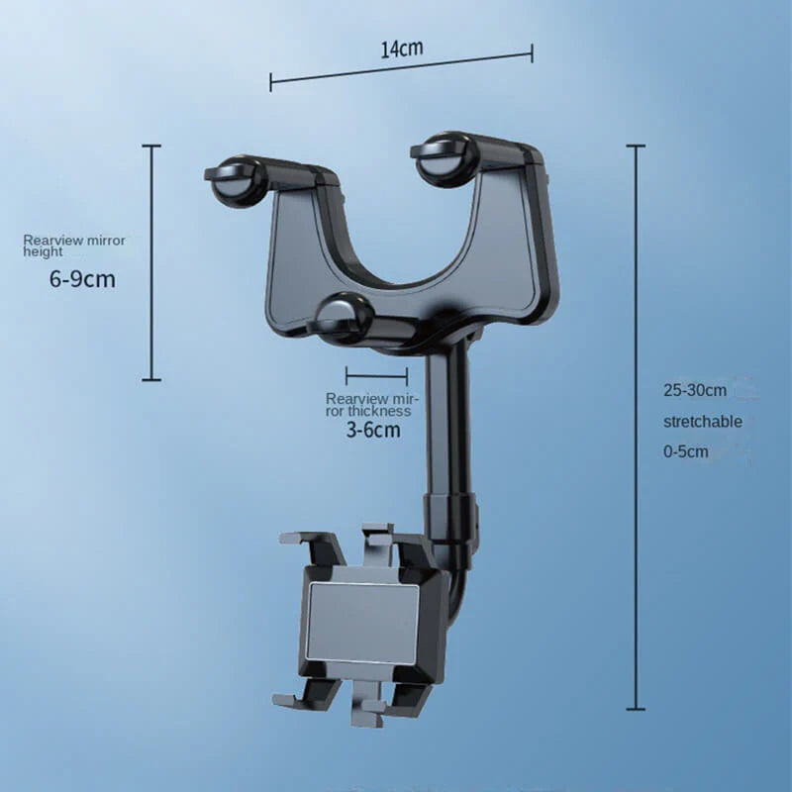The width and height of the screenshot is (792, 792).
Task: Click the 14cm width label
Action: click(x=402, y=49)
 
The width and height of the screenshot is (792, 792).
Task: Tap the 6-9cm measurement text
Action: click(x=82, y=279)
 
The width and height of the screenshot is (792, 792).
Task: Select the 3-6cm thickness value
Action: click(x=373, y=430)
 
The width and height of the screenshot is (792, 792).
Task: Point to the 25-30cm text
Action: click(x=695, y=390)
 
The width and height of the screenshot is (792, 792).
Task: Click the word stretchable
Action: click(x=703, y=422)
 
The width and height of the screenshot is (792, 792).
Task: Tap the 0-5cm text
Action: click(x=685, y=451)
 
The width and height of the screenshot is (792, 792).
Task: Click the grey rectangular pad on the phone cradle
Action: click(x=362, y=620)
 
